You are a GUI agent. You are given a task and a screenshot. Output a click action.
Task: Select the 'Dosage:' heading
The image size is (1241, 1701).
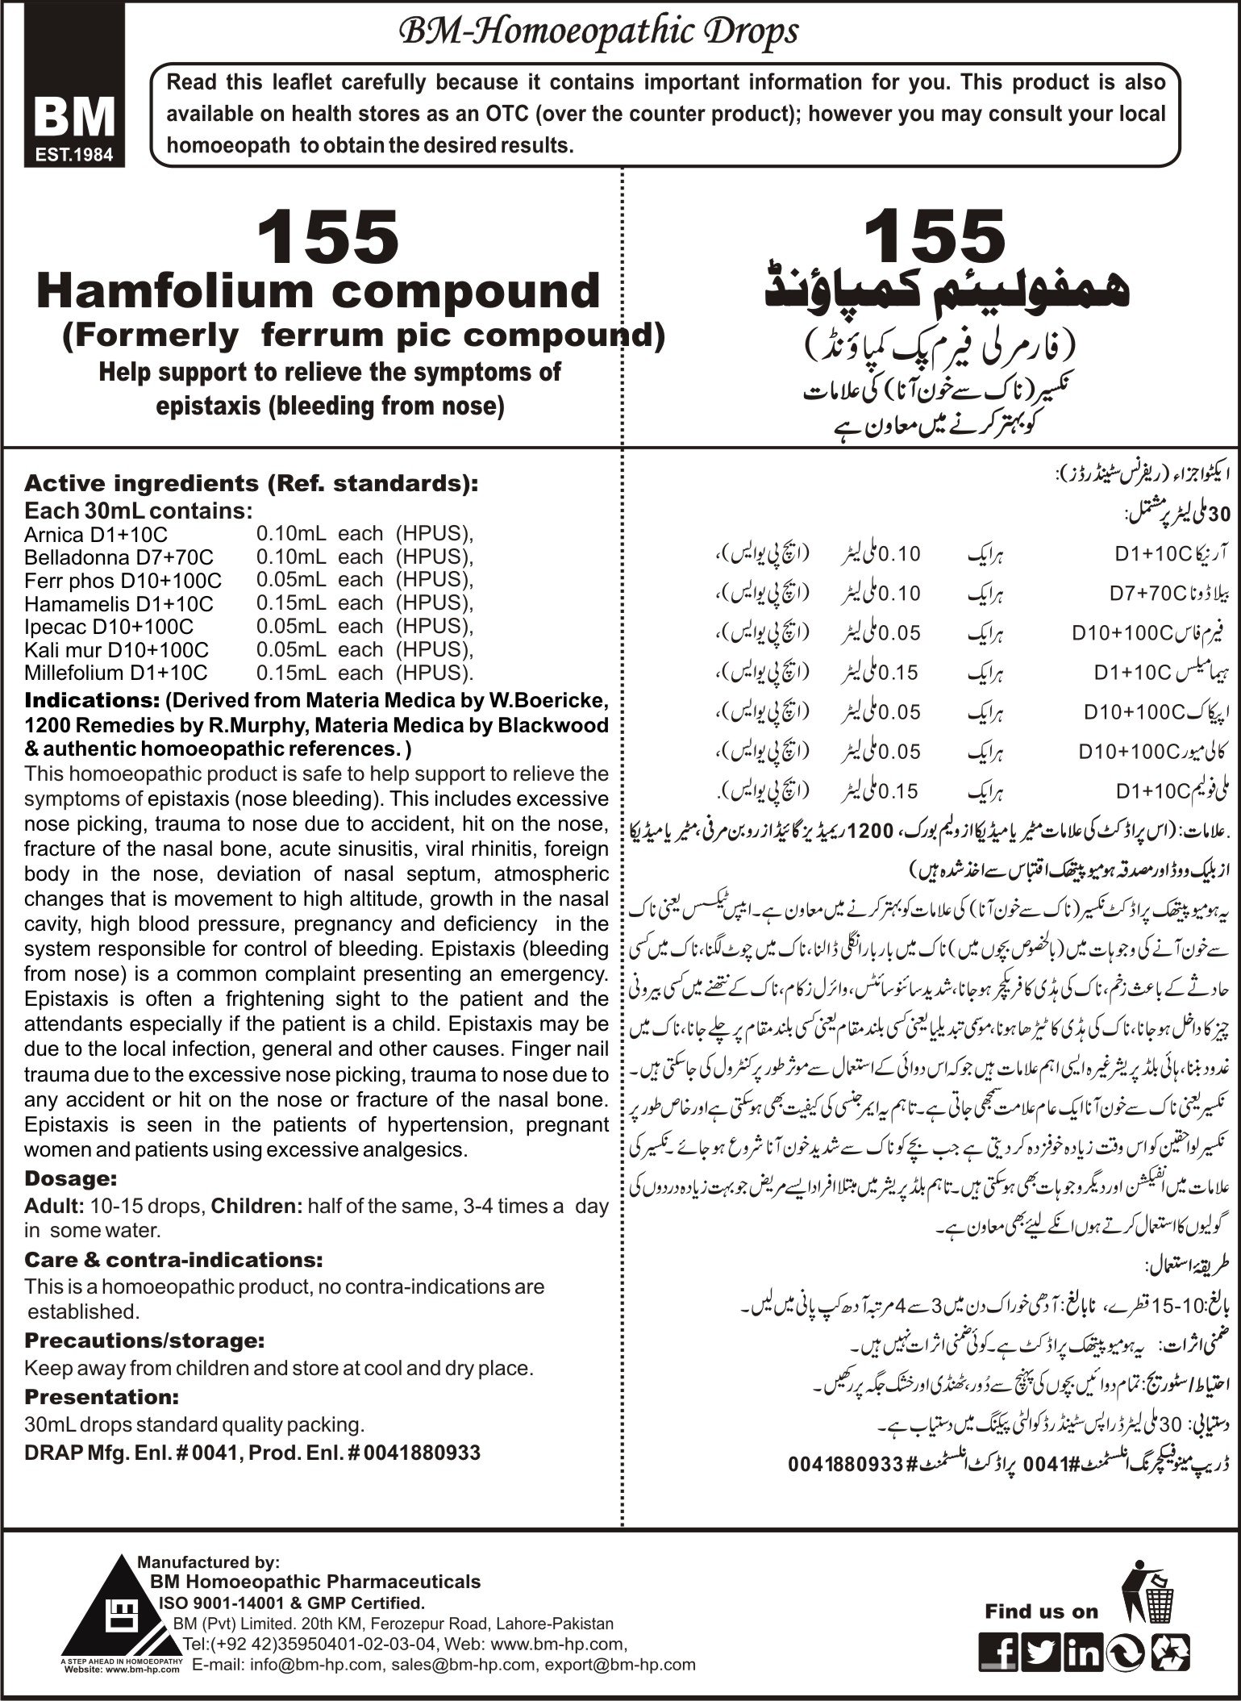[71, 1178]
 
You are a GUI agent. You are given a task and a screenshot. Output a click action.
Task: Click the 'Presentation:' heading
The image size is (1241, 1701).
[102, 1396]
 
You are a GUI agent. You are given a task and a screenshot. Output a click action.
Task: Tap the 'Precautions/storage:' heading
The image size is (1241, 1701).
[144, 1341]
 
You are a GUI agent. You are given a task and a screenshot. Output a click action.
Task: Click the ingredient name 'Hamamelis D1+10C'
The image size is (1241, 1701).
[119, 603]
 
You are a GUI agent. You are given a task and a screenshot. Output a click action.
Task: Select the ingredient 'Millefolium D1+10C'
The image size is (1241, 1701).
[115, 673]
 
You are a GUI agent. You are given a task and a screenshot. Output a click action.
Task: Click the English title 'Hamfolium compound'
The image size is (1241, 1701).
[319, 292]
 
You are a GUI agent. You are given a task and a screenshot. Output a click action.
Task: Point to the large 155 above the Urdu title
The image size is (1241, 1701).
[934, 236]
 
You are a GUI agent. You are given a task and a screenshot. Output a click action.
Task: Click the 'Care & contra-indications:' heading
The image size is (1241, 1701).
[173, 1260]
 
